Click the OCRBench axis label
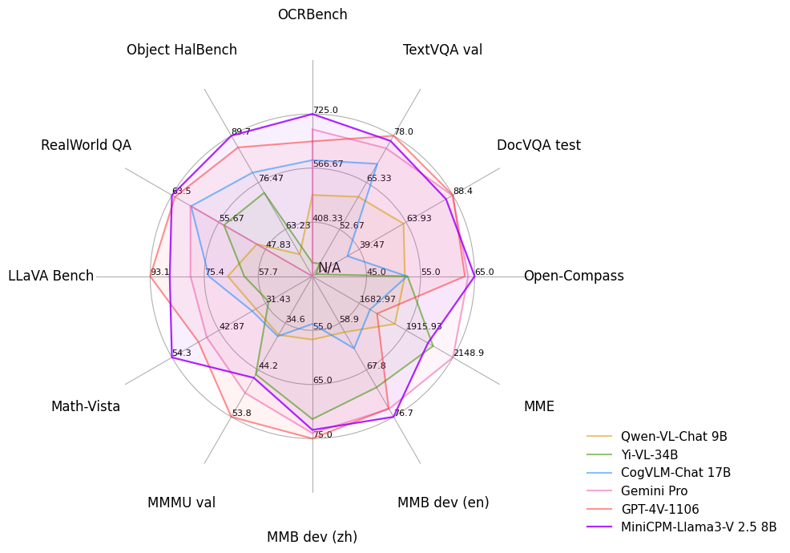pyautogui.click(x=312, y=14)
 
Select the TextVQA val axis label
pyautogui.click(x=442, y=50)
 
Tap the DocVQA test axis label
pyautogui.click(x=538, y=145)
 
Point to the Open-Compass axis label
pyautogui.click(x=574, y=276)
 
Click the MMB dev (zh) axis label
pyautogui.click(x=312, y=537)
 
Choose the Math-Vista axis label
pyautogui.click(x=86, y=406)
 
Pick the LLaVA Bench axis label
pyautogui.click(x=51, y=276)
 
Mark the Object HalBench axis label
pyautogui.click(x=182, y=50)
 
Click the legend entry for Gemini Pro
pyautogui.click(x=654, y=491)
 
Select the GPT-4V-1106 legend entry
pyautogui.click(x=659, y=509)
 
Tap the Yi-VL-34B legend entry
pyautogui.click(x=649, y=454)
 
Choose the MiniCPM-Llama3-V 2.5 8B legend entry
pyautogui.click(x=699, y=527)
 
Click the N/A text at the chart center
pyautogui.click(x=329, y=268)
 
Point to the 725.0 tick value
pyautogui.click(x=325, y=110)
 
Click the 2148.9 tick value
pyautogui.click(x=469, y=353)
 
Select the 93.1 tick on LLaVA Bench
pyautogui.click(x=159, y=272)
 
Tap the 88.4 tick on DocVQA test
pyautogui.click(x=463, y=191)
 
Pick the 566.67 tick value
pyautogui.click(x=328, y=163)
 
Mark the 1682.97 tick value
pyautogui.click(x=377, y=299)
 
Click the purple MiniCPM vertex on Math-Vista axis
pyautogui.click(x=172, y=358)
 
